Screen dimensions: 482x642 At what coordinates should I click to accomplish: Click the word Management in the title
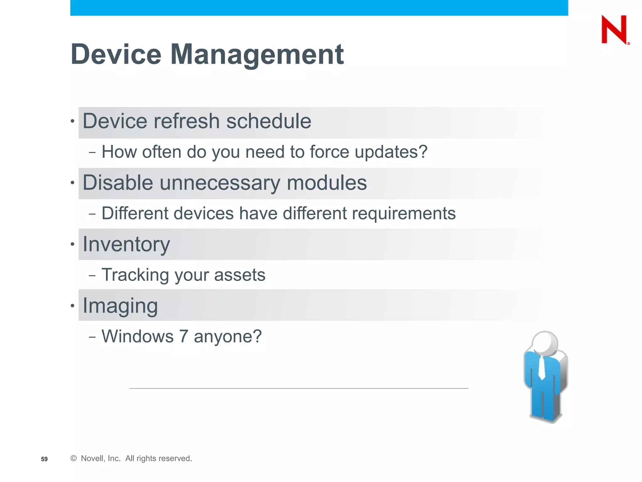point(257,55)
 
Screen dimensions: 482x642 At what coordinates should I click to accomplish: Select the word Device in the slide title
point(116,55)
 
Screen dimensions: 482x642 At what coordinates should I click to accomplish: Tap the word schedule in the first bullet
point(269,121)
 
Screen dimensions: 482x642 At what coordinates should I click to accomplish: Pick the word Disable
point(118,183)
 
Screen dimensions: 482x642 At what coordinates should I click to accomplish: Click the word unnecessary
point(220,183)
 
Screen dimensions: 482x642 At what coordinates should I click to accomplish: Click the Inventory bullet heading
point(126,244)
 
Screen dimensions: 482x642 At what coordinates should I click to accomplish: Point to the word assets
point(239,275)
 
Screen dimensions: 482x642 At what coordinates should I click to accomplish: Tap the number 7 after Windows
point(184,336)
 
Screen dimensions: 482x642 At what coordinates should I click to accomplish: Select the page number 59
point(44,459)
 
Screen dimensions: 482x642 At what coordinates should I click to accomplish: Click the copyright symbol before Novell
point(74,458)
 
